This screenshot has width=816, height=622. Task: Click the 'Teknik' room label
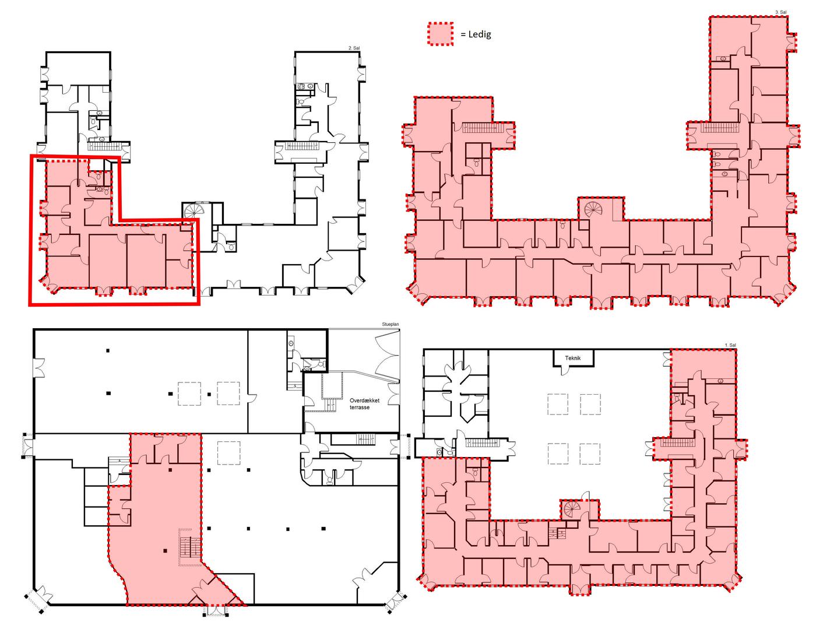(572, 358)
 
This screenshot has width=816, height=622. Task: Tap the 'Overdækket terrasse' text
(364, 404)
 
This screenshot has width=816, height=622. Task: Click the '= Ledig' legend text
(476, 34)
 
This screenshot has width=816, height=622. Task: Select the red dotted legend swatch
(440, 34)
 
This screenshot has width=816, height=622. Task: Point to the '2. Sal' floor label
(354, 48)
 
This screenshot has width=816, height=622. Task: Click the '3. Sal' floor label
(780, 12)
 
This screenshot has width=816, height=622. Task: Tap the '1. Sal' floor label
(730, 345)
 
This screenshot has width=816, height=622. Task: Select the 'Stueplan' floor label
(391, 325)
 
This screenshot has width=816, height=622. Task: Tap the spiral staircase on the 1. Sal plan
(571, 509)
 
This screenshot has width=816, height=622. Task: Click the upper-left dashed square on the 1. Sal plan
(557, 404)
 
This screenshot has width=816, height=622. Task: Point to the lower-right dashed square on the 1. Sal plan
(590, 454)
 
